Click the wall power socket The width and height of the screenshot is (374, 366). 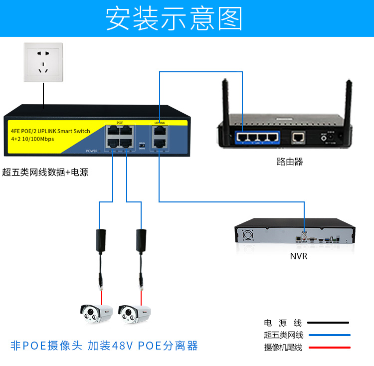click(44, 62)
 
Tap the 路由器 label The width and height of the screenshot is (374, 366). click(289, 162)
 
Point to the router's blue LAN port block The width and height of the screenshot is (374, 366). click(256, 136)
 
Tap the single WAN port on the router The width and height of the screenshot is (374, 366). click(299, 135)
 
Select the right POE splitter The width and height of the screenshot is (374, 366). click(142, 239)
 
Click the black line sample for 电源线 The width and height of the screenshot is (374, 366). click(328, 323)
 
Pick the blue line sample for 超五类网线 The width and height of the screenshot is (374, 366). click(328, 335)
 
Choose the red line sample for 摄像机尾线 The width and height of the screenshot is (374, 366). click(328, 347)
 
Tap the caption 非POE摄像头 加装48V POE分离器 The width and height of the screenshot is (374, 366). click(104, 346)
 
